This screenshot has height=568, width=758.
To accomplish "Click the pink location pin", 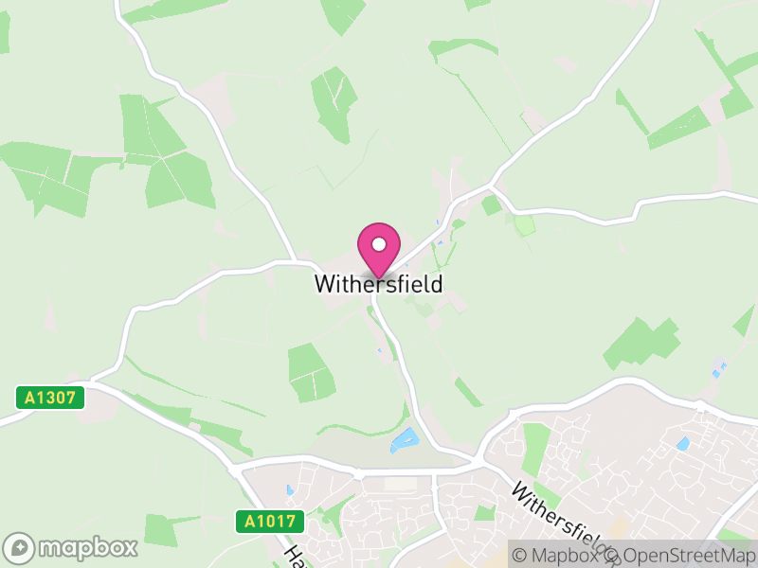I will point(379,249).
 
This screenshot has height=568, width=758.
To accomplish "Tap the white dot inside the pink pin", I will point(379,244).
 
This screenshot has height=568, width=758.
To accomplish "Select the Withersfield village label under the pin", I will point(378,284).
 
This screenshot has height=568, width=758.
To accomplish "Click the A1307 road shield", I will point(50,398).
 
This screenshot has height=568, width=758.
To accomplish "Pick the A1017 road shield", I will point(270,521).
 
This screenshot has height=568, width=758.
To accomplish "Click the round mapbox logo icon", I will point(20,547).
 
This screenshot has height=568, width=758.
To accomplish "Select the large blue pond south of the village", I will point(405,439).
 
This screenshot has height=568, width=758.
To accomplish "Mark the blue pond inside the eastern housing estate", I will point(683,443).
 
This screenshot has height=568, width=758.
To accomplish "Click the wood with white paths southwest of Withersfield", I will point(312,371).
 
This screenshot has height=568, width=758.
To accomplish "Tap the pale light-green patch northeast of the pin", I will point(524,225).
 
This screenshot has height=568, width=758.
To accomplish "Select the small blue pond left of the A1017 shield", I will point(288,490).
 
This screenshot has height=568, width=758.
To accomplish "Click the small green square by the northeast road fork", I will point(491,204).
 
